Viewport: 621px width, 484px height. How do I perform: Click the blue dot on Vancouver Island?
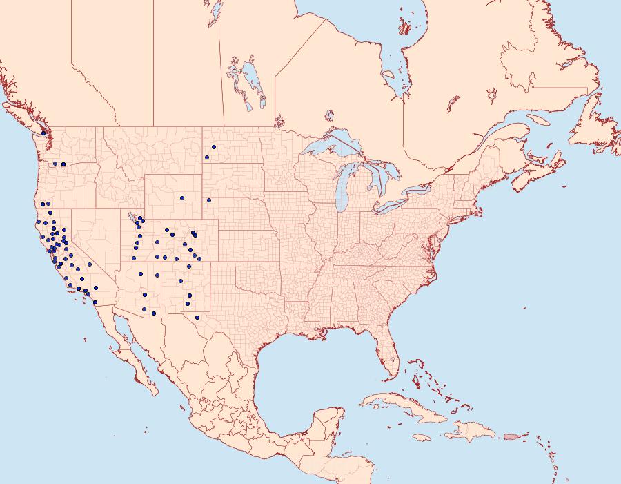point(43,133)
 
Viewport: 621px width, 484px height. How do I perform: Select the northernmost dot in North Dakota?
point(214,147)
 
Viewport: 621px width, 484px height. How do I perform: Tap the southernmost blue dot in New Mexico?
point(197,318)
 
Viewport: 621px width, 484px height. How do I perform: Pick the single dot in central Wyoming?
point(182,198)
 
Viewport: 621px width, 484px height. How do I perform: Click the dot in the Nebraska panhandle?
point(208,201)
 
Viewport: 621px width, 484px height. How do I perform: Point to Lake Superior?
point(331,148)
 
